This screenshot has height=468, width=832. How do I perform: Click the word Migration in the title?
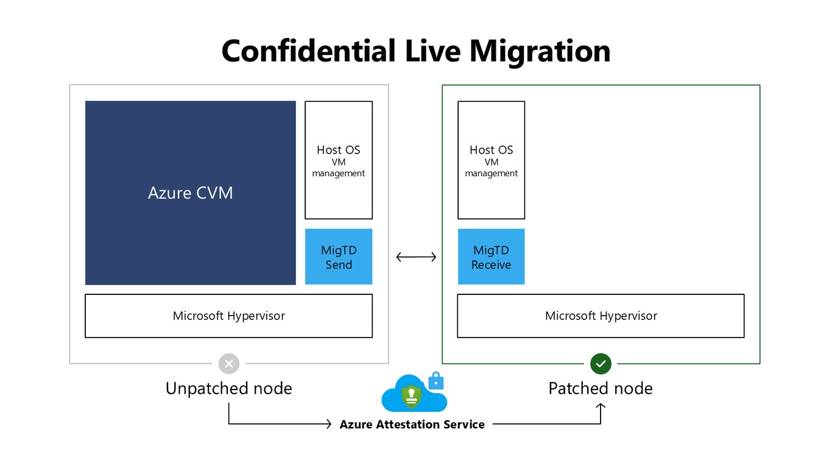540,52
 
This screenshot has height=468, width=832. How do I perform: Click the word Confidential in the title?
308,51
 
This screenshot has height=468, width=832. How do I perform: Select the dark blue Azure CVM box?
191,193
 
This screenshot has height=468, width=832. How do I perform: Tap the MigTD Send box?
339,257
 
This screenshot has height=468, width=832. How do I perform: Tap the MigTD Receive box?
491,257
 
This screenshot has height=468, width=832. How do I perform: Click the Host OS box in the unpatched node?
339,160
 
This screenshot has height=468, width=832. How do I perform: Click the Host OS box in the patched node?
491,160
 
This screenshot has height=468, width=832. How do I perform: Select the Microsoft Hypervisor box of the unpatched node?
228,316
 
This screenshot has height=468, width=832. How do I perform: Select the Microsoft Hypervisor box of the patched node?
601,316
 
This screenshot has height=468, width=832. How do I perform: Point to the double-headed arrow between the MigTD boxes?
416,257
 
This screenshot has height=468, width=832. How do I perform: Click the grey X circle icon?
229,364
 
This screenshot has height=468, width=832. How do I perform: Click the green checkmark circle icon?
601,364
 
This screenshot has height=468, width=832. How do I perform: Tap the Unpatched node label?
228,388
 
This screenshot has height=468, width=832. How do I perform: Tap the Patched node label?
601,388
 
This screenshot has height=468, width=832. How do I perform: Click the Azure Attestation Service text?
412,424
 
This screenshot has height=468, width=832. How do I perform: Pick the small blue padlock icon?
435,381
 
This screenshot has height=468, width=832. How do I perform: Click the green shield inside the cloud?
412,397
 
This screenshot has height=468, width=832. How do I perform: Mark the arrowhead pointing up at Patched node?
601,406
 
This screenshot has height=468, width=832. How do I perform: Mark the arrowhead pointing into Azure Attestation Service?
328,424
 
